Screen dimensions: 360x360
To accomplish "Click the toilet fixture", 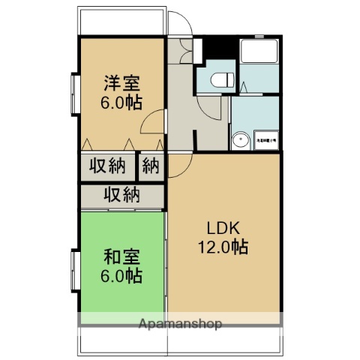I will (219, 79).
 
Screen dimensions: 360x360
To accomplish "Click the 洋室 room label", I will (121, 83).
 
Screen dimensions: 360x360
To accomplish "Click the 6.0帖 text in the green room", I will (121, 275).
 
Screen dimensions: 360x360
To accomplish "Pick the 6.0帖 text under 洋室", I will (121, 101).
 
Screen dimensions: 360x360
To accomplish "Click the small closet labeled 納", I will (151, 166).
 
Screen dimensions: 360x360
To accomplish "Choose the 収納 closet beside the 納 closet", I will (108, 166).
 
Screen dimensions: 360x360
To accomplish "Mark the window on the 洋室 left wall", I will (74, 92).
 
